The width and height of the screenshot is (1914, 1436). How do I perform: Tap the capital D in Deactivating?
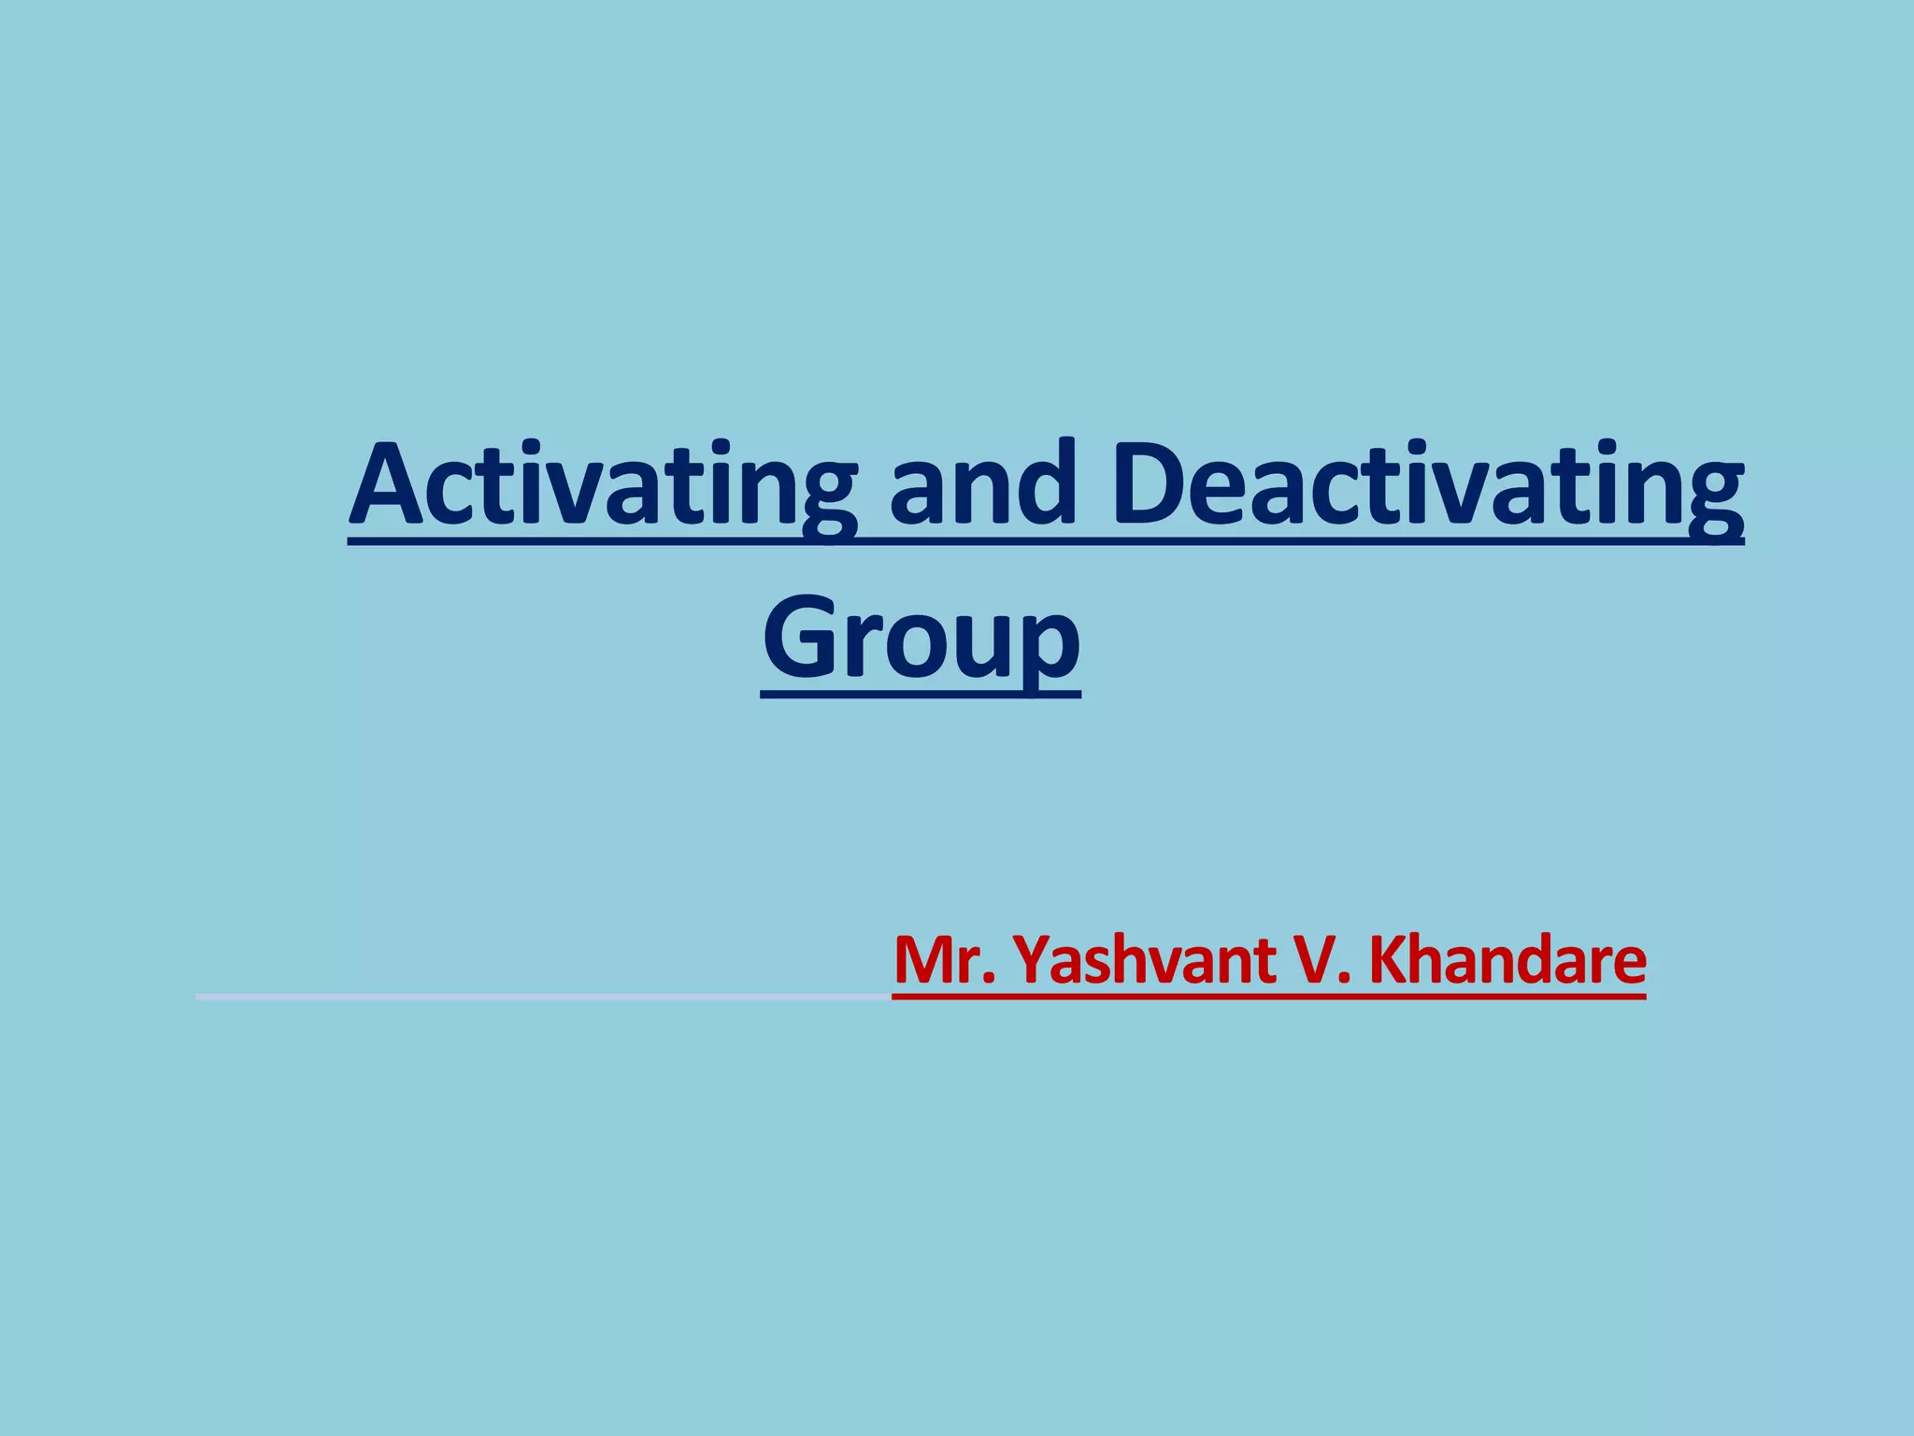tap(1155, 486)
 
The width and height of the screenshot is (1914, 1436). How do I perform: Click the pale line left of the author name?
tap(542, 998)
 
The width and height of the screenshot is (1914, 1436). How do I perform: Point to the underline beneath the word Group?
tap(921, 695)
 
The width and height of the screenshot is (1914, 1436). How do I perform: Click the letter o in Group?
tap(913, 646)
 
